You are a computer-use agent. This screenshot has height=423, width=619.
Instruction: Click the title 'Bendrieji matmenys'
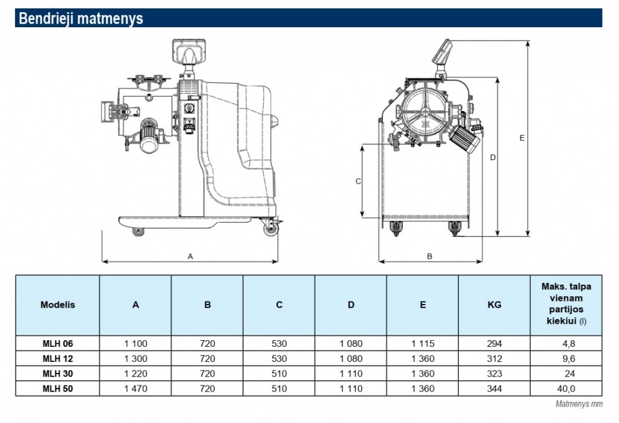[81, 19]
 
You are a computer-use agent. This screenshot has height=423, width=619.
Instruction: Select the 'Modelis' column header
[57, 305]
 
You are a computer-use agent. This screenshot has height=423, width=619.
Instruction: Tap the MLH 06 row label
[57, 343]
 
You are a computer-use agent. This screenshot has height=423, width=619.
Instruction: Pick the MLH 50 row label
[57, 389]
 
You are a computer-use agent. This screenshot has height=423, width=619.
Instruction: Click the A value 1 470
[135, 389]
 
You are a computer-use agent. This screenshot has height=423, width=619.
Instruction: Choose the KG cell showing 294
[494, 343]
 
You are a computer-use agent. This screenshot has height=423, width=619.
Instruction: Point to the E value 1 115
[423, 343]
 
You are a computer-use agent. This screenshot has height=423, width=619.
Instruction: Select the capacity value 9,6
[566, 358]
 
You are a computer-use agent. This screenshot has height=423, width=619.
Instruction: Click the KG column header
[494, 305]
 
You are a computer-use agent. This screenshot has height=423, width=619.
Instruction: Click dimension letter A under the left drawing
[190, 256]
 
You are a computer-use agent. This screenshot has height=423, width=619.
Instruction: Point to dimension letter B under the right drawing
[430, 256]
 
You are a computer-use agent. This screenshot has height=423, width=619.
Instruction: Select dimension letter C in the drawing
[358, 181]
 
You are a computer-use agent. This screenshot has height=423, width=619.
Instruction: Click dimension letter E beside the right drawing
[522, 138]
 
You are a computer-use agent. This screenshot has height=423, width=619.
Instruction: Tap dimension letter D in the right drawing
[493, 158]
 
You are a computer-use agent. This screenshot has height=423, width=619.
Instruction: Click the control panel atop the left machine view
[189, 50]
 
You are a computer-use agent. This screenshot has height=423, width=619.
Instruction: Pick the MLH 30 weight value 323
[494, 373]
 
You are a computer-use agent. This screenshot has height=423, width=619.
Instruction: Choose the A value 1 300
[135, 358]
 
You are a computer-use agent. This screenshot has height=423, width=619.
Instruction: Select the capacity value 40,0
[566, 389]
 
